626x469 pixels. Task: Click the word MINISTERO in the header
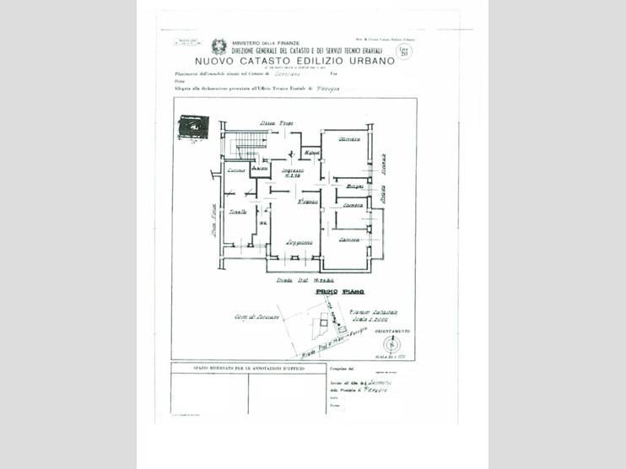tap(248, 43)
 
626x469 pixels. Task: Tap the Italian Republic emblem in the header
tap(219, 46)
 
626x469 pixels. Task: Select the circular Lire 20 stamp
tap(404, 51)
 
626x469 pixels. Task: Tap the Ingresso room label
tap(293, 171)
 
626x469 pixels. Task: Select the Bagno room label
tap(354, 186)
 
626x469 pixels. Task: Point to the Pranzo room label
tap(307, 202)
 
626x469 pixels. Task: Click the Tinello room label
tap(238, 211)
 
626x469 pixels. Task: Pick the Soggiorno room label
tap(299, 242)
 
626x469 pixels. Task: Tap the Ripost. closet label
tap(312, 152)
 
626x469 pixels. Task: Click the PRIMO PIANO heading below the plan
tap(339, 291)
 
